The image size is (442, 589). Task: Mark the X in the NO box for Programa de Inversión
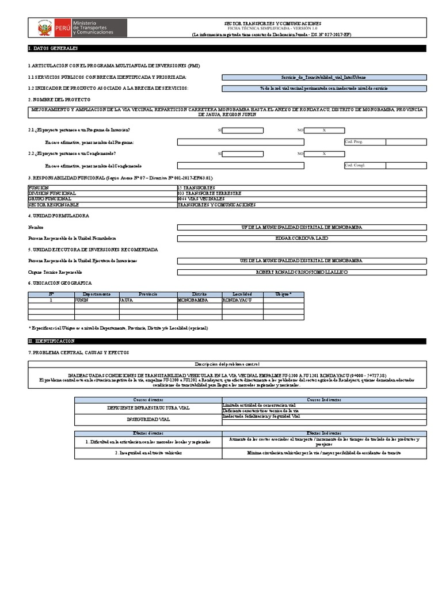coord(324,131)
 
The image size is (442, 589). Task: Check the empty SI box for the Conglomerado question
coord(243,154)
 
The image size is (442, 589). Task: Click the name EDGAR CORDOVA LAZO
coord(302,238)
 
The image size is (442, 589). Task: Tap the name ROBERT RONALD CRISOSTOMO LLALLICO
coord(302,271)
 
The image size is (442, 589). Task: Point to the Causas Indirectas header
coord(324,399)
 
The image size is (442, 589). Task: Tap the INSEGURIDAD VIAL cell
coord(148,420)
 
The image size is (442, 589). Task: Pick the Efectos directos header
coord(148,433)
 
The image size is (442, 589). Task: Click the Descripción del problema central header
coord(227,364)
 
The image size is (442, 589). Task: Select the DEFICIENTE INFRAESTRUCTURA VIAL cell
coord(148,407)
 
